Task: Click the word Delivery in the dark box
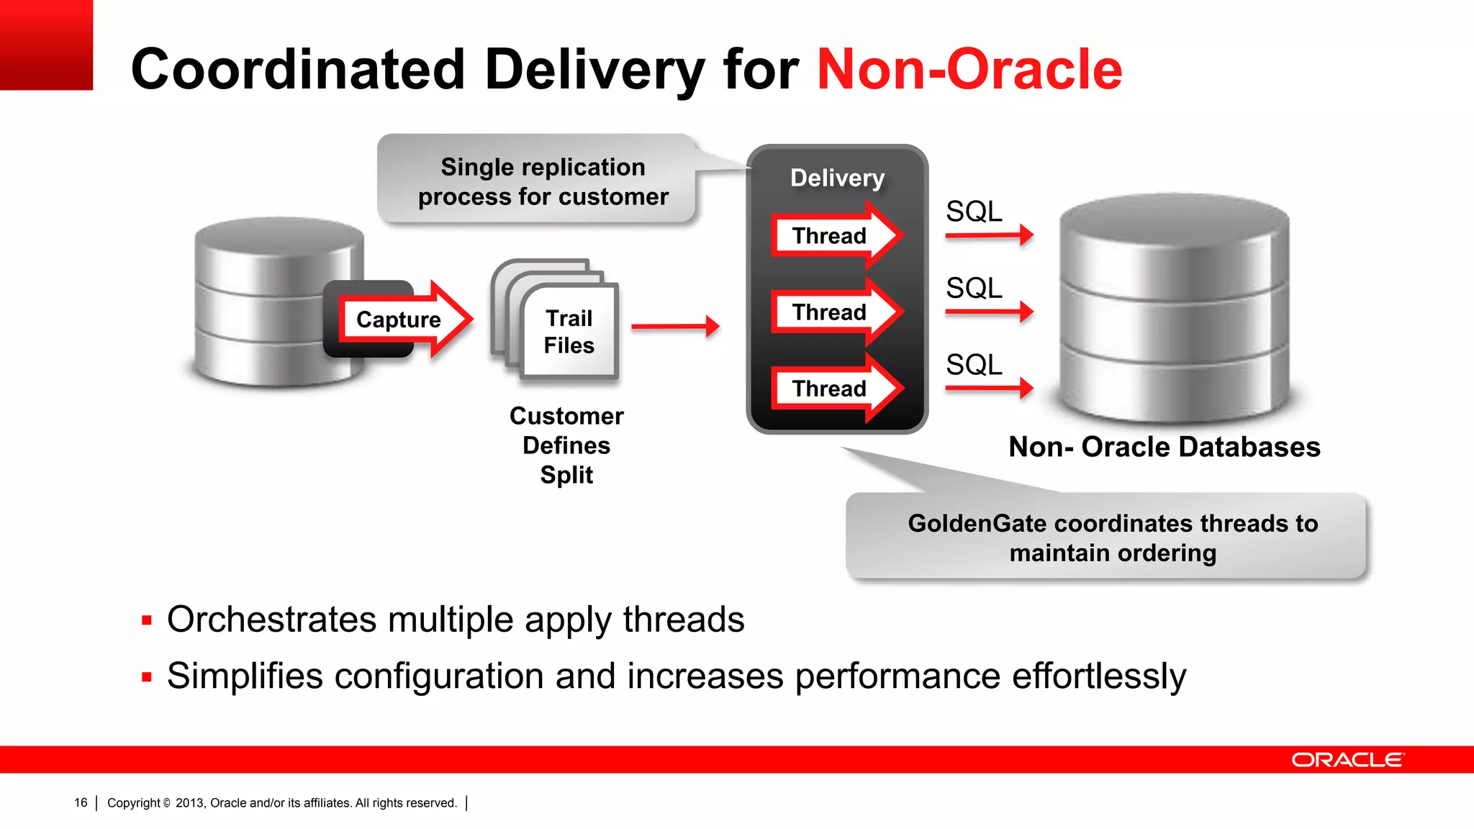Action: click(837, 178)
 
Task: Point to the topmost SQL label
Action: click(973, 212)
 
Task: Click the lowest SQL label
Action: click(973, 365)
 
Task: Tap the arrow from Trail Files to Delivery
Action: click(674, 327)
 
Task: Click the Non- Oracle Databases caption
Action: click(1164, 447)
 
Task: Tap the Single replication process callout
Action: click(543, 181)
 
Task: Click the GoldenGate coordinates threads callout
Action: click(1112, 538)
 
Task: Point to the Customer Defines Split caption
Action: click(566, 445)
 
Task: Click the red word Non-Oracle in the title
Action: click(969, 70)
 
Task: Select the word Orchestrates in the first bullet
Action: click(271, 620)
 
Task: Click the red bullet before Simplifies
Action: click(147, 677)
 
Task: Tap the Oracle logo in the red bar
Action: click(1347, 760)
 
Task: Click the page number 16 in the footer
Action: click(81, 802)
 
